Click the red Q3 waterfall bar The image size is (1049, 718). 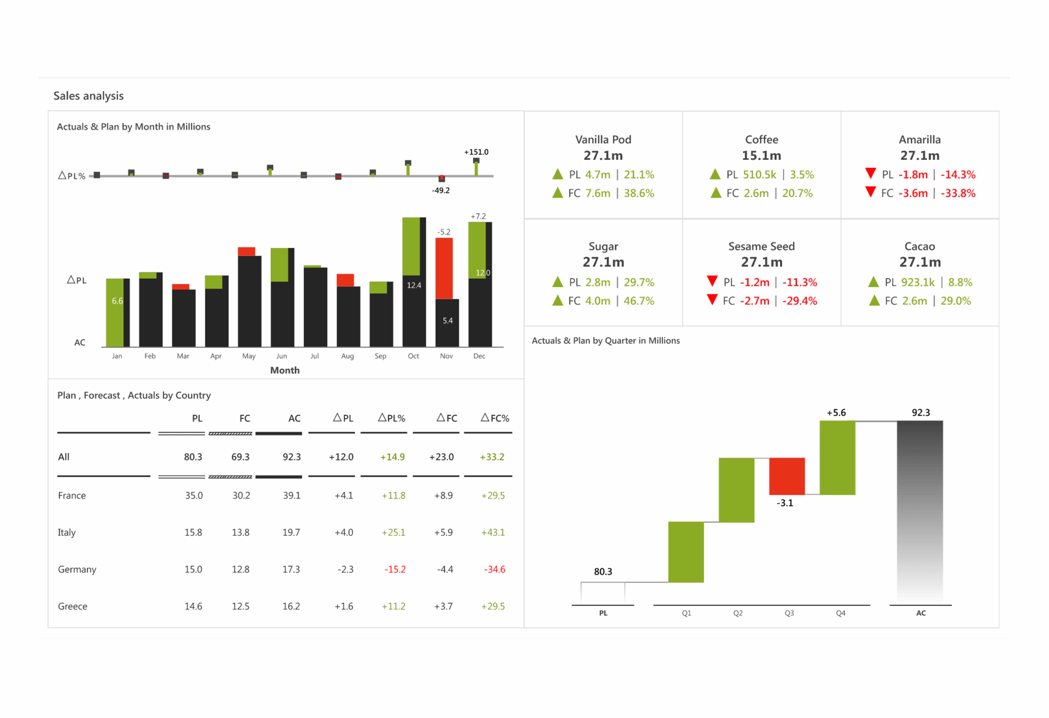(787, 476)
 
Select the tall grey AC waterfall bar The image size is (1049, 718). (920, 510)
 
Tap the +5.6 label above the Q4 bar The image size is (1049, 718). (836, 412)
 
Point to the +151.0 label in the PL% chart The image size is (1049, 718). (476, 152)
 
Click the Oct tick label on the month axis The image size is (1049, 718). (413, 356)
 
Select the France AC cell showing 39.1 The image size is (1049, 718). (291, 495)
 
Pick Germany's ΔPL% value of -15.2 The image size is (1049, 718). (395, 569)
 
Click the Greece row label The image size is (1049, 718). (72, 606)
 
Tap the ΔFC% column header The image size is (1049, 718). (495, 418)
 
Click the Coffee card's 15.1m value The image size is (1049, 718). (761, 155)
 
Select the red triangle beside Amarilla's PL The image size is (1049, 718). (870, 173)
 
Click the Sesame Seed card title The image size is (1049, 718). (761, 246)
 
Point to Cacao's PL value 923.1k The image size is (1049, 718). (917, 282)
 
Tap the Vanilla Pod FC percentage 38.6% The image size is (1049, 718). (639, 193)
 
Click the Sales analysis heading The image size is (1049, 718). (89, 96)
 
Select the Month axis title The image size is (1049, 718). (285, 370)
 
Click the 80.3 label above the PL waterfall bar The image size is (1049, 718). (603, 571)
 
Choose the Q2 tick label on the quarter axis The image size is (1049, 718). (738, 613)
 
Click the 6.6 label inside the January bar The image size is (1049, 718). (117, 301)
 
